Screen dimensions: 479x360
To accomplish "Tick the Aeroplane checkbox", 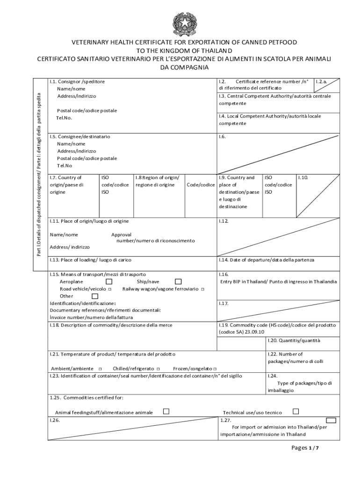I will (109, 282).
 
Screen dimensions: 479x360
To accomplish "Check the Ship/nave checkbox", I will (178, 282).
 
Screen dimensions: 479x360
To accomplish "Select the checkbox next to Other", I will (95, 296).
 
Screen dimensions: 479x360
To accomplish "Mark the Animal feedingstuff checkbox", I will (166, 412).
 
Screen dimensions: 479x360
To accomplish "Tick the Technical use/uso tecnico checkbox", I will (295, 412).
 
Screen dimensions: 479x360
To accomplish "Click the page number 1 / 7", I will (305, 448).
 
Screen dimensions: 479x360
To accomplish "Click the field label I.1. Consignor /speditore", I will (77, 81).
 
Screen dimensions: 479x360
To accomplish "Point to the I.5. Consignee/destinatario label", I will (80, 137).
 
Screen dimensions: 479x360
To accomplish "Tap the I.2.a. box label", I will (321, 81).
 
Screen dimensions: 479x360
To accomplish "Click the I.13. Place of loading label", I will (91, 260).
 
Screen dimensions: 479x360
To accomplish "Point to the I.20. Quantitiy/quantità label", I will (294, 341).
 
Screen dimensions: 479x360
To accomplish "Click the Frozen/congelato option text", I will (193, 369).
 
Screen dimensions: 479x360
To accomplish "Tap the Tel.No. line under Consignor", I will (64, 117).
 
